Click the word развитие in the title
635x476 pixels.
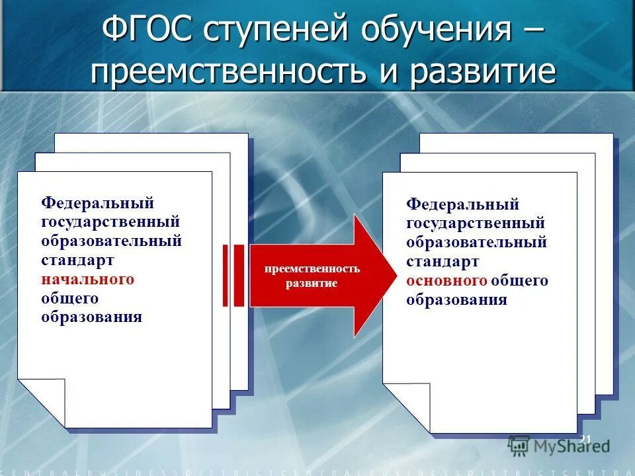click(482, 71)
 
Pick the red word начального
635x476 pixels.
click(88, 279)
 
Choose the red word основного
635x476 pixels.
click(447, 281)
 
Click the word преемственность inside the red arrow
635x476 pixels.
click(312, 268)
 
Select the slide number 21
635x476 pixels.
click(585, 440)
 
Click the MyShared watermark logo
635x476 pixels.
click(559, 446)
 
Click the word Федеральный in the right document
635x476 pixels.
click(462, 205)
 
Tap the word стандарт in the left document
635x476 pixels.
click(78, 260)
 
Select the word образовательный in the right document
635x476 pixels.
click(477, 243)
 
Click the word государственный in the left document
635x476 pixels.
click(110, 221)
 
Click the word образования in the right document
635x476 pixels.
click(456, 299)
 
